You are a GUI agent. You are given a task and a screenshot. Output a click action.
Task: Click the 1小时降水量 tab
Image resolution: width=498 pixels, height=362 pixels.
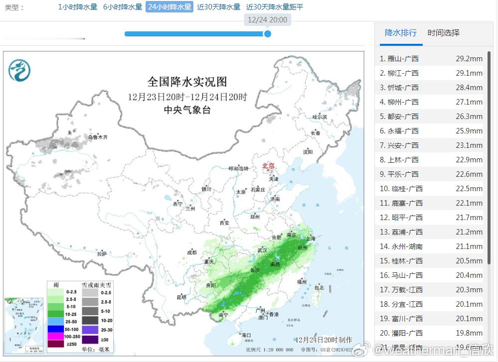(78, 7)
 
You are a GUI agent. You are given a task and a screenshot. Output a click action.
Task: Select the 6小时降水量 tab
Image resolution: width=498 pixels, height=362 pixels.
(123, 7)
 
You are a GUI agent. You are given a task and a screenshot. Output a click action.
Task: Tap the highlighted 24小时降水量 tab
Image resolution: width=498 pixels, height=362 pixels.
(169, 7)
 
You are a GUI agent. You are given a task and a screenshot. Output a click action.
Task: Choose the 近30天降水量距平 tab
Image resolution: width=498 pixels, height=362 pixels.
(275, 7)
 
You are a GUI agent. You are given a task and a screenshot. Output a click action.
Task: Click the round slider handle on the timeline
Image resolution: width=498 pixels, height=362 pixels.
(268, 34)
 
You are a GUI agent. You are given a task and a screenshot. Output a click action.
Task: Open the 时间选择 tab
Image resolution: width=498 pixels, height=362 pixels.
(444, 33)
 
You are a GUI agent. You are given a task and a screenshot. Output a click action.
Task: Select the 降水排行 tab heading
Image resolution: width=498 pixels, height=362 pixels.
(401, 33)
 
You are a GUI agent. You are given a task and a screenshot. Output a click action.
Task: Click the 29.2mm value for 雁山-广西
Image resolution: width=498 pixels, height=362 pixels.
(469, 59)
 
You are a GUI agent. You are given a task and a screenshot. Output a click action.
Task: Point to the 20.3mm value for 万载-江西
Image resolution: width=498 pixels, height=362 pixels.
(469, 290)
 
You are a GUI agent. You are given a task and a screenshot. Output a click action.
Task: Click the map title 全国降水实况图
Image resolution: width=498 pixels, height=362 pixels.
(187, 82)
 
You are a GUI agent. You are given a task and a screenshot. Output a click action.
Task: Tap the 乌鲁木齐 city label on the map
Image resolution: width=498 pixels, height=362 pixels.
(98, 137)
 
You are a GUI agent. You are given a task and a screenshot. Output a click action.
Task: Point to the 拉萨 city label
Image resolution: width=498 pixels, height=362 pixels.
(102, 254)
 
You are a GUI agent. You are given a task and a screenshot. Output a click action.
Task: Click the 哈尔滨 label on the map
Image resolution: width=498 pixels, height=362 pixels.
(320, 117)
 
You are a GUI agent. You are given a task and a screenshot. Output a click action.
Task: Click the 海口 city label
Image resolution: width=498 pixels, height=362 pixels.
(246, 336)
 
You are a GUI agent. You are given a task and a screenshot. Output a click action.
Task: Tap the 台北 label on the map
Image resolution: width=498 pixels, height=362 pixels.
(319, 287)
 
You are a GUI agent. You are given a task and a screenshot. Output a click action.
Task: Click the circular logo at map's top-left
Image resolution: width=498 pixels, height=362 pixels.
(19, 70)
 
